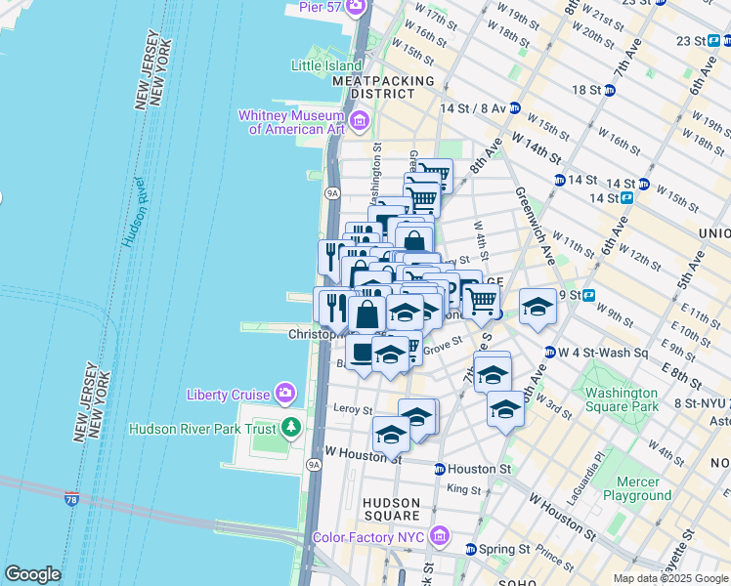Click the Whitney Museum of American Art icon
pyautogui.click(x=360, y=121)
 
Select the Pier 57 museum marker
pyautogui.click(x=358, y=8)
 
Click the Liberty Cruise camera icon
pyautogui.click(x=284, y=394)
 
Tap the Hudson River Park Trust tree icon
pyautogui.click(x=290, y=427)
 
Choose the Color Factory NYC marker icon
pyautogui.click(x=439, y=537)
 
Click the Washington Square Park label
pyautogui.click(x=622, y=400)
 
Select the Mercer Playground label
pyautogui.click(x=637, y=488)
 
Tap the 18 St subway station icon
pyautogui.click(x=610, y=90)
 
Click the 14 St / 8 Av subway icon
pyautogui.click(x=514, y=109)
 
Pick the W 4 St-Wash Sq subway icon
pyautogui.click(x=550, y=352)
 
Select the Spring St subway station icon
pyautogui.click(x=471, y=548)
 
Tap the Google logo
pyautogui.click(x=32, y=574)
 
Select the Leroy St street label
pyautogui.click(x=354, y=410)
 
